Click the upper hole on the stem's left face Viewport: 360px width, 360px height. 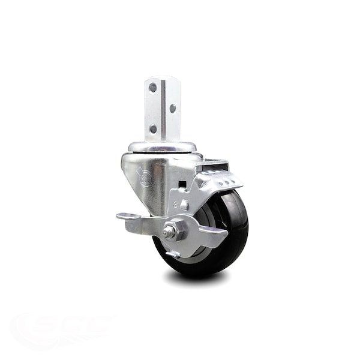click(152, 88)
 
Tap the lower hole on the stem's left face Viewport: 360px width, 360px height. click(153, 128)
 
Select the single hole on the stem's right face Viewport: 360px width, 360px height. click(172, 109)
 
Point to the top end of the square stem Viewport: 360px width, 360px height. click(162, 79)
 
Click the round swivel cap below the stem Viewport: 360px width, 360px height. click(161, 147)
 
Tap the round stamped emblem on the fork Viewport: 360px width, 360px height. click(145, 176)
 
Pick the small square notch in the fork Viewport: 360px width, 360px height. click(181, 184)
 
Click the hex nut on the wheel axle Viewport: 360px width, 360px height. click(170, 230)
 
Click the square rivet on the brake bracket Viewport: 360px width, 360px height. click(184, 205)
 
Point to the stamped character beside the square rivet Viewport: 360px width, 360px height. click(176, 204)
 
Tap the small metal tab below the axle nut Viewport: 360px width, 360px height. click(173, 254)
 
